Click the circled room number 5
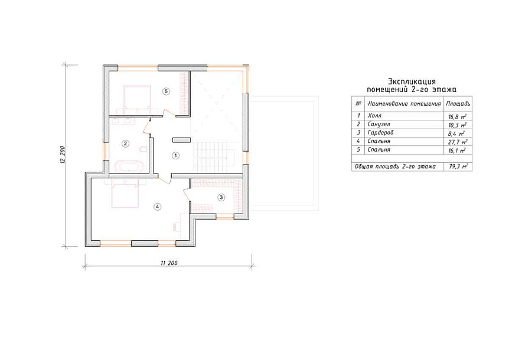[x=166, y=91]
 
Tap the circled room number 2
[x=125, y=143]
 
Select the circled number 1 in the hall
[x=175, y=156]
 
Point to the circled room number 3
[x=221, y=197]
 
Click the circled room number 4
[x=157, y=207]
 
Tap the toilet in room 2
[x=142, y=149]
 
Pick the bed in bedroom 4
[x=125, y=194]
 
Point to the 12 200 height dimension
[x=63, y=155]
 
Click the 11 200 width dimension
[x=169, y=263]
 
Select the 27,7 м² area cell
[x=458, y=142]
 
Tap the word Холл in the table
[x=374, y=116]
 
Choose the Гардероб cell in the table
[x=380, y=132]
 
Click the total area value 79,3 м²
[x=458, y=166]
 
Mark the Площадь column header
[x=458, y=104]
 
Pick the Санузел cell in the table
[x=379, y=124]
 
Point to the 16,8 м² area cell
[x=458, y=116]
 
